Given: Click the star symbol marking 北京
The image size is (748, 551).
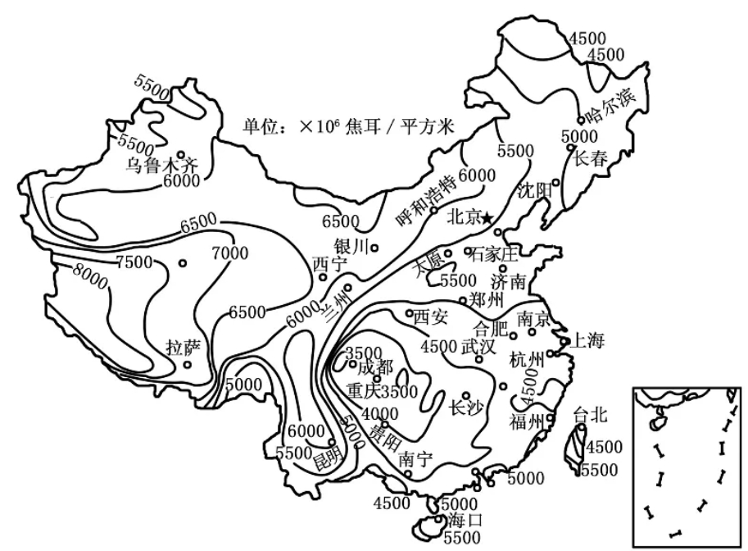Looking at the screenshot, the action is (487, 219).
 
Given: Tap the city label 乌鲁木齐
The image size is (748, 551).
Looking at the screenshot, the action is (162, 166).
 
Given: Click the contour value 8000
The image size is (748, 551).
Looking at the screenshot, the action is (90, 276).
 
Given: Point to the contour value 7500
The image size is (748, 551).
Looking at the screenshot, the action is (134, 262).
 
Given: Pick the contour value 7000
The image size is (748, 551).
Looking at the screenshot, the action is (230, 253).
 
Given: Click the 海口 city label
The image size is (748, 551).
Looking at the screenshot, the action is (465, 520).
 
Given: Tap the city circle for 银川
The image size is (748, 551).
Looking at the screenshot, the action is (375, 248).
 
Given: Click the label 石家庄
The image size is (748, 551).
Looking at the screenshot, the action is (494, 254).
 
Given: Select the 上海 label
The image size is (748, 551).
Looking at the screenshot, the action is (587, 340).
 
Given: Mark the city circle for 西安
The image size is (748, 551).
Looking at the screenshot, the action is (410, 314).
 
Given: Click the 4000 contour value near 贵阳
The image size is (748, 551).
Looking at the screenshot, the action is (379, 413).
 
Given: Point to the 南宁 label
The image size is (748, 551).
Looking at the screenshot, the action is (415, 460).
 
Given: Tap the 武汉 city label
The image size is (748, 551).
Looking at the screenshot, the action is (478, 347).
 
